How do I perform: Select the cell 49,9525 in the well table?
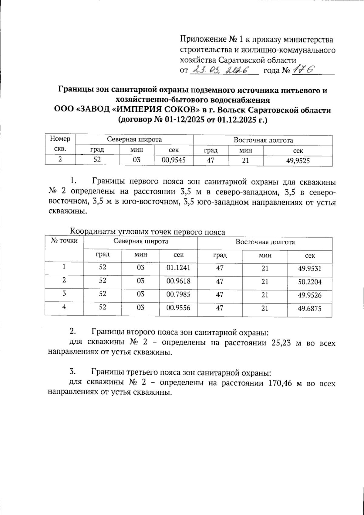click(x=298, y=161)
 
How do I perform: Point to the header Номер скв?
click(x=60, y=144)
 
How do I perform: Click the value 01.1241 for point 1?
click(x=178, y=268)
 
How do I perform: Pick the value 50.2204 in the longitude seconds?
click(x=309, y=282)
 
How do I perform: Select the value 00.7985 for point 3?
click(x=178, y=294)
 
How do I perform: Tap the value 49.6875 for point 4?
click(x=309, y=309)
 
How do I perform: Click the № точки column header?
click(x=64, y=241)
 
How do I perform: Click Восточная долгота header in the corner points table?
click(x=265, y=242)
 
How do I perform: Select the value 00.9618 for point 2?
click(x=178, y=281)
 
